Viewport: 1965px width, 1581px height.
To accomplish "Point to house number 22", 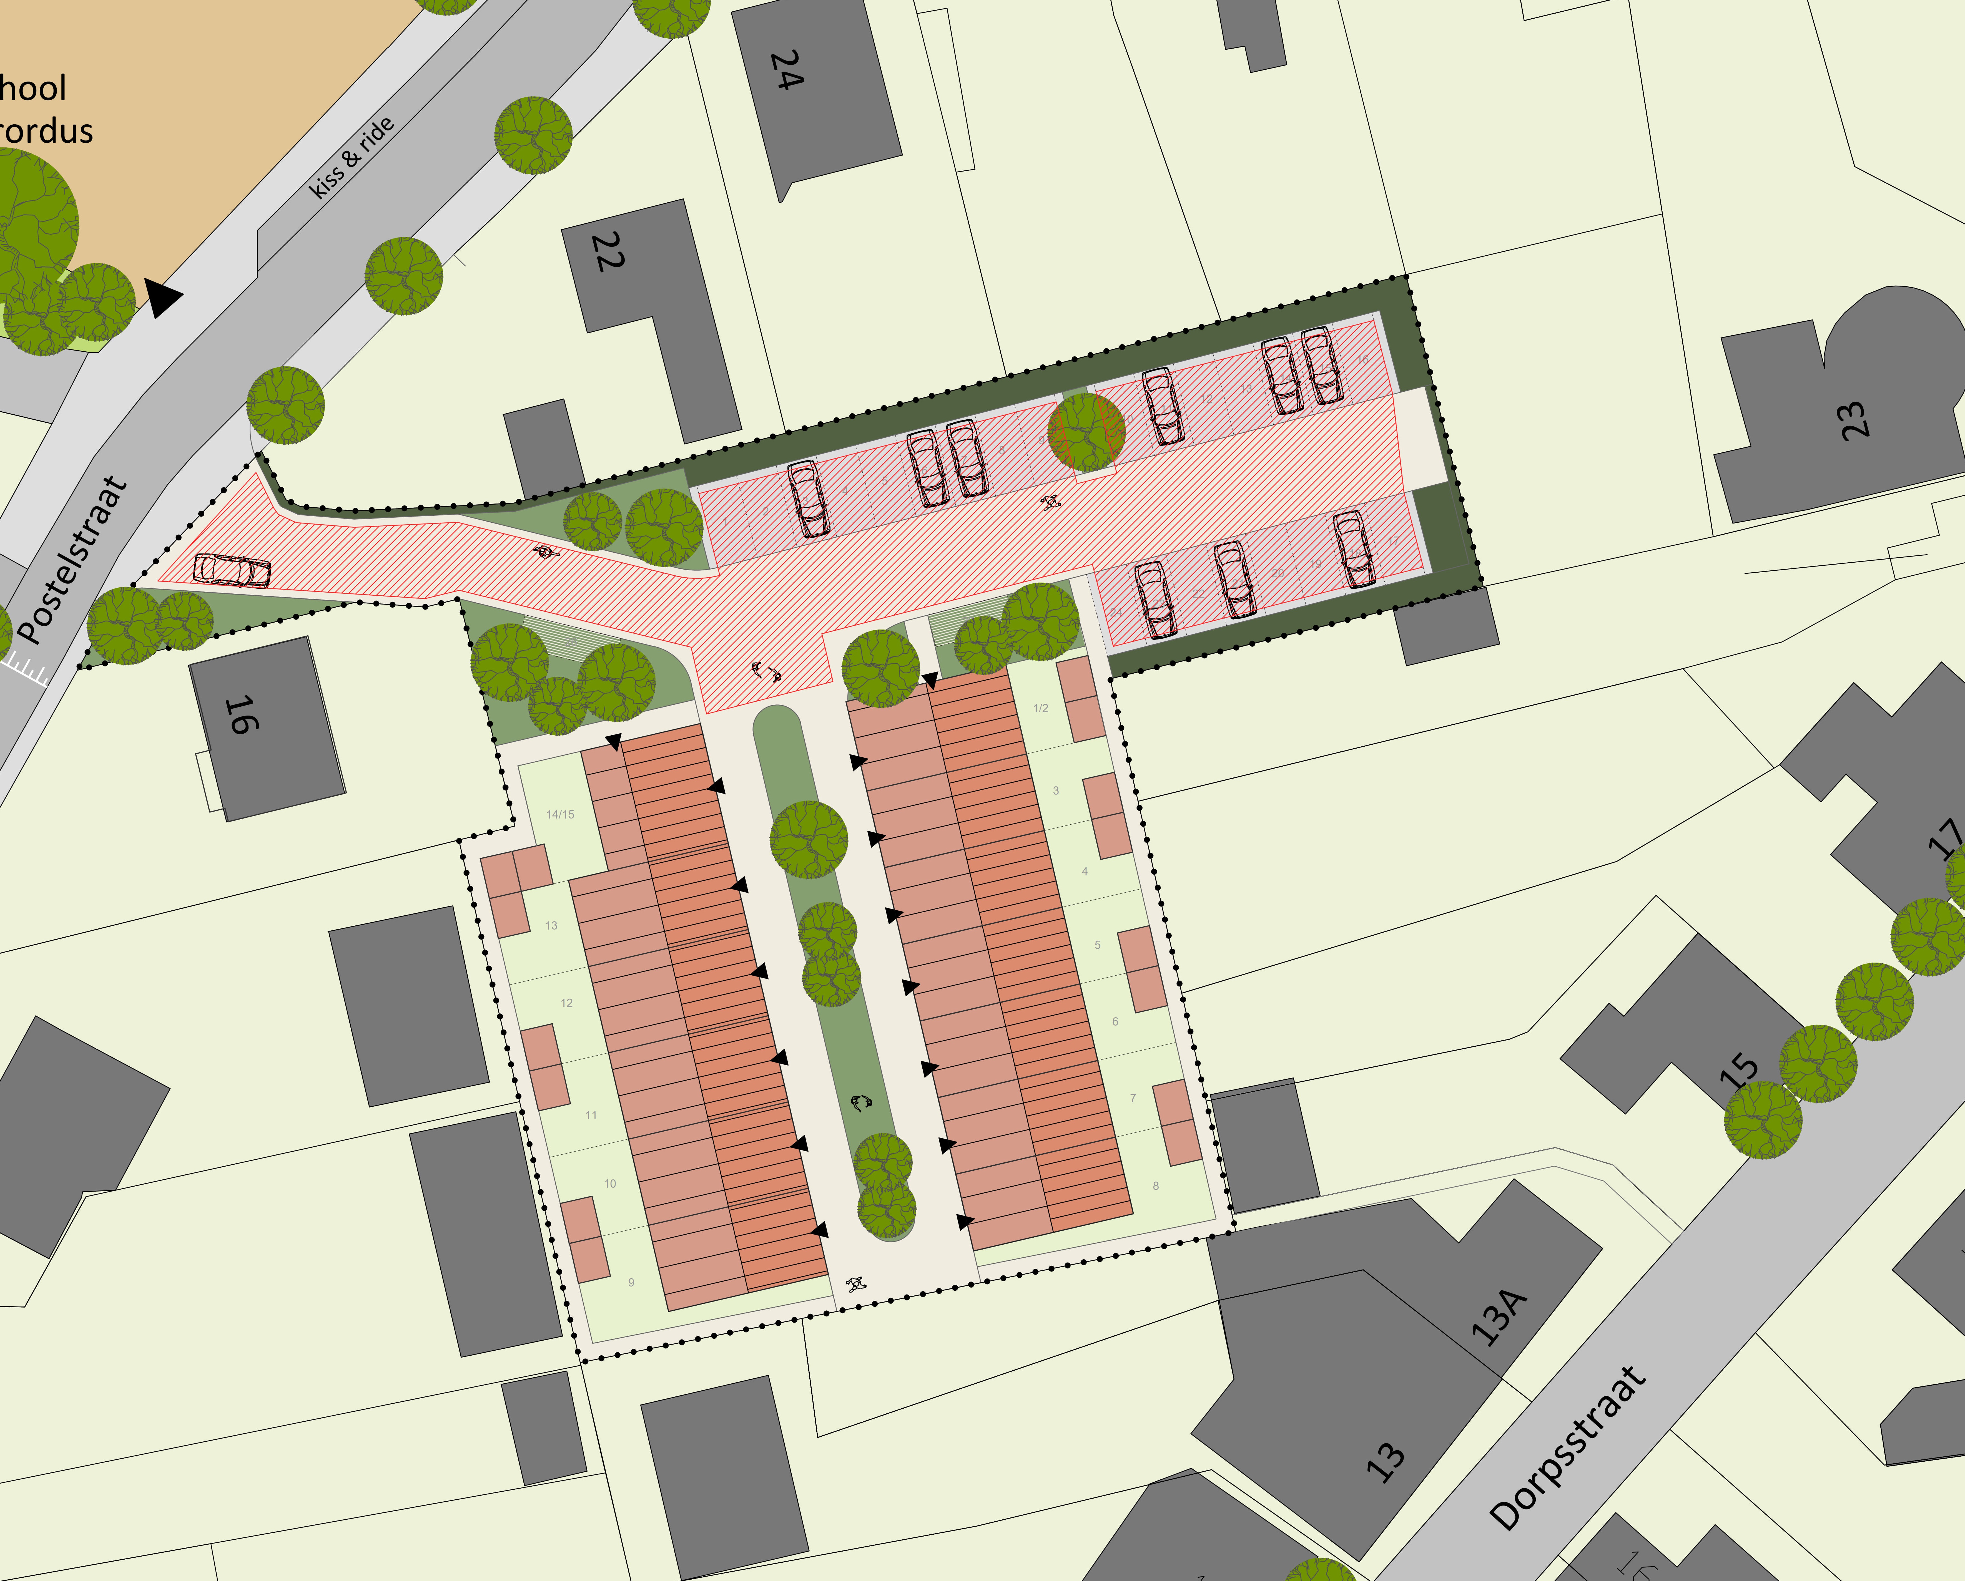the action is point(608,252).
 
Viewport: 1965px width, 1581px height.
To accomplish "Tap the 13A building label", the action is point(1499,1317).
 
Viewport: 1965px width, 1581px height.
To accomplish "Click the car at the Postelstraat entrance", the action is point(232,570).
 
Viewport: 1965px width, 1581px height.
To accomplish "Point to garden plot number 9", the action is point(631,1282).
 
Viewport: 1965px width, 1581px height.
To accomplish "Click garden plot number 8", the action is point(1156,1185).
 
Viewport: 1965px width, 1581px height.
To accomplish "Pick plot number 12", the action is point(567,1003).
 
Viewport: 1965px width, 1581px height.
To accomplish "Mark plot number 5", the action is point(1097,945).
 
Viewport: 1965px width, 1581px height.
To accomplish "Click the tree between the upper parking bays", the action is point(1086,431).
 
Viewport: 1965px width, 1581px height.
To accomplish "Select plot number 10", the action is point(610,1184).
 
